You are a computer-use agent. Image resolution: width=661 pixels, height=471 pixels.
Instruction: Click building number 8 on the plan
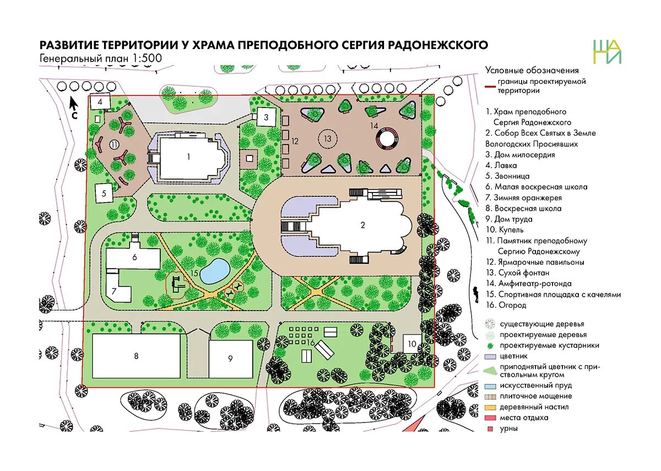tap(136, 356)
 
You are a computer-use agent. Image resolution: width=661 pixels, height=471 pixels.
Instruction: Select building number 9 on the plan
tap(230, 358)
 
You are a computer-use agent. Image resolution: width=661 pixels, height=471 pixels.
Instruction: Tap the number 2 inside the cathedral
tap(362, 224)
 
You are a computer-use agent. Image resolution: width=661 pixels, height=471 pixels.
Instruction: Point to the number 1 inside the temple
tap(188, 157)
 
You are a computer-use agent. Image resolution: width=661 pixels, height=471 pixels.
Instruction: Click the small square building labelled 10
tap(412, 344)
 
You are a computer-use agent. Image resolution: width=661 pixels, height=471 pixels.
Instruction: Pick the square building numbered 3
tap(266, 117)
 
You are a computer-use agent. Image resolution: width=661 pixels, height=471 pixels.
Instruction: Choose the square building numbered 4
tap(100, 102)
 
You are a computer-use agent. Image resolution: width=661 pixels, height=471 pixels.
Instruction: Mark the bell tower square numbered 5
tap(104, 193)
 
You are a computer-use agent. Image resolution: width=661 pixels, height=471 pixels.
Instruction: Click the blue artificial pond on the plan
tap(215, 270)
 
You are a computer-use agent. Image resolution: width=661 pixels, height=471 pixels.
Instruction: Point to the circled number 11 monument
tap(114, 144)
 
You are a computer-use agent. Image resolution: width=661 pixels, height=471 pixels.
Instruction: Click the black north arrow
tap(73, 103)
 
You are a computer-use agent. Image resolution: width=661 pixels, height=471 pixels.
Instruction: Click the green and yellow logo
tap(607, 52)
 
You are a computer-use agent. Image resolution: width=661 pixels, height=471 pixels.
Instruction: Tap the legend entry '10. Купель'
tap(505, 229)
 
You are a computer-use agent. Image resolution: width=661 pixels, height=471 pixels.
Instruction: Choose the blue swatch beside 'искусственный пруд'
tap(490, 386)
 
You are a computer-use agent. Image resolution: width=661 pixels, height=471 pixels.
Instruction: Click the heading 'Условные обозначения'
tap(532, 70)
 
